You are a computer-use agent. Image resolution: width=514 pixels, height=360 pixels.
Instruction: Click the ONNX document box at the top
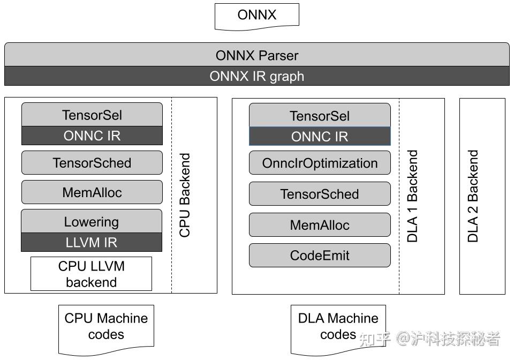(x=256, y=15)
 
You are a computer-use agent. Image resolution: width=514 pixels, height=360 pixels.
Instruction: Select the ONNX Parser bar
(x=256, y=55)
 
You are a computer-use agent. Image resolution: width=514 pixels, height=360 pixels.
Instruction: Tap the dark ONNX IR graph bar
(x=256, y=76)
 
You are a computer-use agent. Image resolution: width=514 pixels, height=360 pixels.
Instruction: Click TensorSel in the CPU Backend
(x=92, y=115)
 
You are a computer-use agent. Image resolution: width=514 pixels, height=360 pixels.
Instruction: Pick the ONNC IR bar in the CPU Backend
(x=92, y=136)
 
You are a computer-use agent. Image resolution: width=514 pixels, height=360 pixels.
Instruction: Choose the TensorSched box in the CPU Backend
(x=92, y=163)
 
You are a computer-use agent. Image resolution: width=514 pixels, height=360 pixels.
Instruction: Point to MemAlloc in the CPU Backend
(x=92, y=192)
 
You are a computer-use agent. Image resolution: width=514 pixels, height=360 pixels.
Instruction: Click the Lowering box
(x=91, y=221)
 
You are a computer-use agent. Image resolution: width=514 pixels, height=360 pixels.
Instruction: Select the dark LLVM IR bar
(x=91, y=242)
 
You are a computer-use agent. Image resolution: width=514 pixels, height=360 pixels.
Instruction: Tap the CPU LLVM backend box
(x=91, y=274)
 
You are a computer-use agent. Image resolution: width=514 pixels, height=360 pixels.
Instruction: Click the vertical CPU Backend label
(x=185, y=196)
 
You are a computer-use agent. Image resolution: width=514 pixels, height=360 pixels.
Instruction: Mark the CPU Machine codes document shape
(x=106, y=327)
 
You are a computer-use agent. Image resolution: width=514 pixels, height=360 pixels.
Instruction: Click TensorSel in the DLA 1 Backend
(x=320, y=116)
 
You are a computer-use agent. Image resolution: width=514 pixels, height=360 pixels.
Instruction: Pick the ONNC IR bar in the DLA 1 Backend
(x=320, y=137)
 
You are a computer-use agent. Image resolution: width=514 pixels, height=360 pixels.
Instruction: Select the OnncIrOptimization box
(x=320, y=163)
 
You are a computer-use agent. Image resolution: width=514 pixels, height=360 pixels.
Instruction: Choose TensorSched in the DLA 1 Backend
(x=320, y=194)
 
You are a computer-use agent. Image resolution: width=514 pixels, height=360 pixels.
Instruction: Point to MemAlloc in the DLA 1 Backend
(x=320, y=225)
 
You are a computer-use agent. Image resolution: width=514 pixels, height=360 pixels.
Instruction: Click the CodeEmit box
(x=320, y=256)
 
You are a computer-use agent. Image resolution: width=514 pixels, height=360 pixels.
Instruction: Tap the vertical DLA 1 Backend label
(x=413, y=196)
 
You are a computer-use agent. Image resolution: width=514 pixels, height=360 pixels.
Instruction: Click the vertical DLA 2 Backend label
(x=473, y=196)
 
